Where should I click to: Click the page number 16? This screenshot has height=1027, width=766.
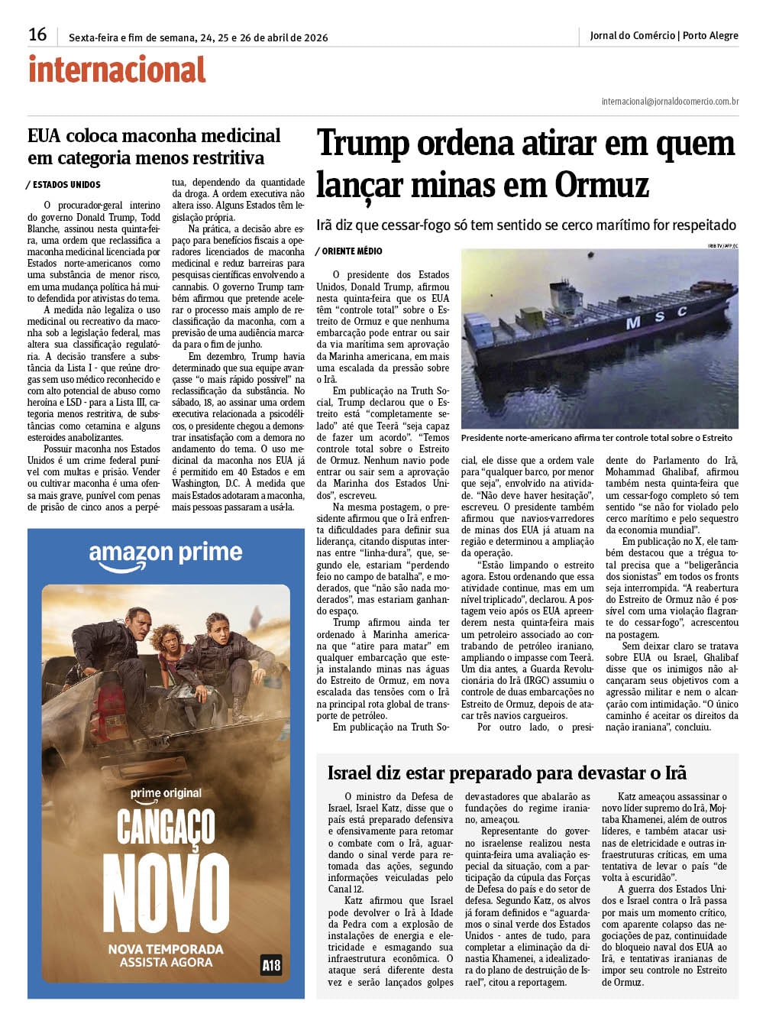point(37,34)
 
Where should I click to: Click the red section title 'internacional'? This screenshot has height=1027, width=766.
point(117,70)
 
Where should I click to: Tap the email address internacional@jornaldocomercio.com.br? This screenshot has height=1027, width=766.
point(669,101)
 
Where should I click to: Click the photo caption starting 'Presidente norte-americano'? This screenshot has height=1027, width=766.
point(596,438)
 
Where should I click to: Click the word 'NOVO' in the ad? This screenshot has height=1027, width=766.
point(166,894)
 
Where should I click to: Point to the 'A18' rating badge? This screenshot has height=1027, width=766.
point(270,965)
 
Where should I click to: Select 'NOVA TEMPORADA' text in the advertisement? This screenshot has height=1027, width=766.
point(166,949)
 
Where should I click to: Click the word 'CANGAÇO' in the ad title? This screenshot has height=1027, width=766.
point(166,828)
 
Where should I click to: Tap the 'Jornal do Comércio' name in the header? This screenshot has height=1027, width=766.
point(632,35)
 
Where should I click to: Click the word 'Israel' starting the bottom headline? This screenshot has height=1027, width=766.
point(353,773)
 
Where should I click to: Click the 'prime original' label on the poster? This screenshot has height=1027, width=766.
point(166,793)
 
